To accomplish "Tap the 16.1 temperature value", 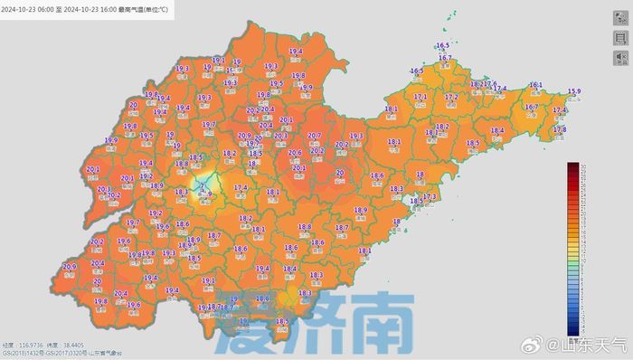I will point(535,84).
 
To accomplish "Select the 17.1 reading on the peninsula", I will point(420,96).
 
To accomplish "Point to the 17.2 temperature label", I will point(451,96).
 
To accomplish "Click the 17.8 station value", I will point(559,129).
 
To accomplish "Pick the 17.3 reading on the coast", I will point(430,196).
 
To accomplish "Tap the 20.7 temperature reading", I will point(315,136).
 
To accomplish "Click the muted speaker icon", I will point(620,58).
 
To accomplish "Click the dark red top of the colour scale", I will point(572,166).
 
